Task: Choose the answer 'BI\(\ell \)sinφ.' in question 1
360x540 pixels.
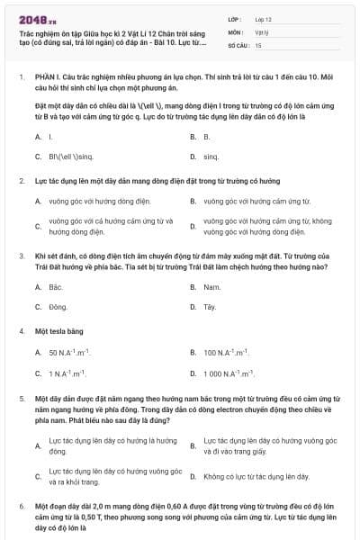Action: (x=71, y=156)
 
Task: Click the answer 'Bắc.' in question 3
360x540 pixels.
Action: (x=55, y=286)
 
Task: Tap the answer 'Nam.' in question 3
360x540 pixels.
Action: (x=211, y=286)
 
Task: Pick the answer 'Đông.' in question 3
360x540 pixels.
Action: (x=58, y=306)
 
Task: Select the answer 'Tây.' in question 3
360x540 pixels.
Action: (x=210, y=306)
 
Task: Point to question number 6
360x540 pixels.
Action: (x=22, y=508)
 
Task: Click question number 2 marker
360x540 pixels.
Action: (x=22, y=181)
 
